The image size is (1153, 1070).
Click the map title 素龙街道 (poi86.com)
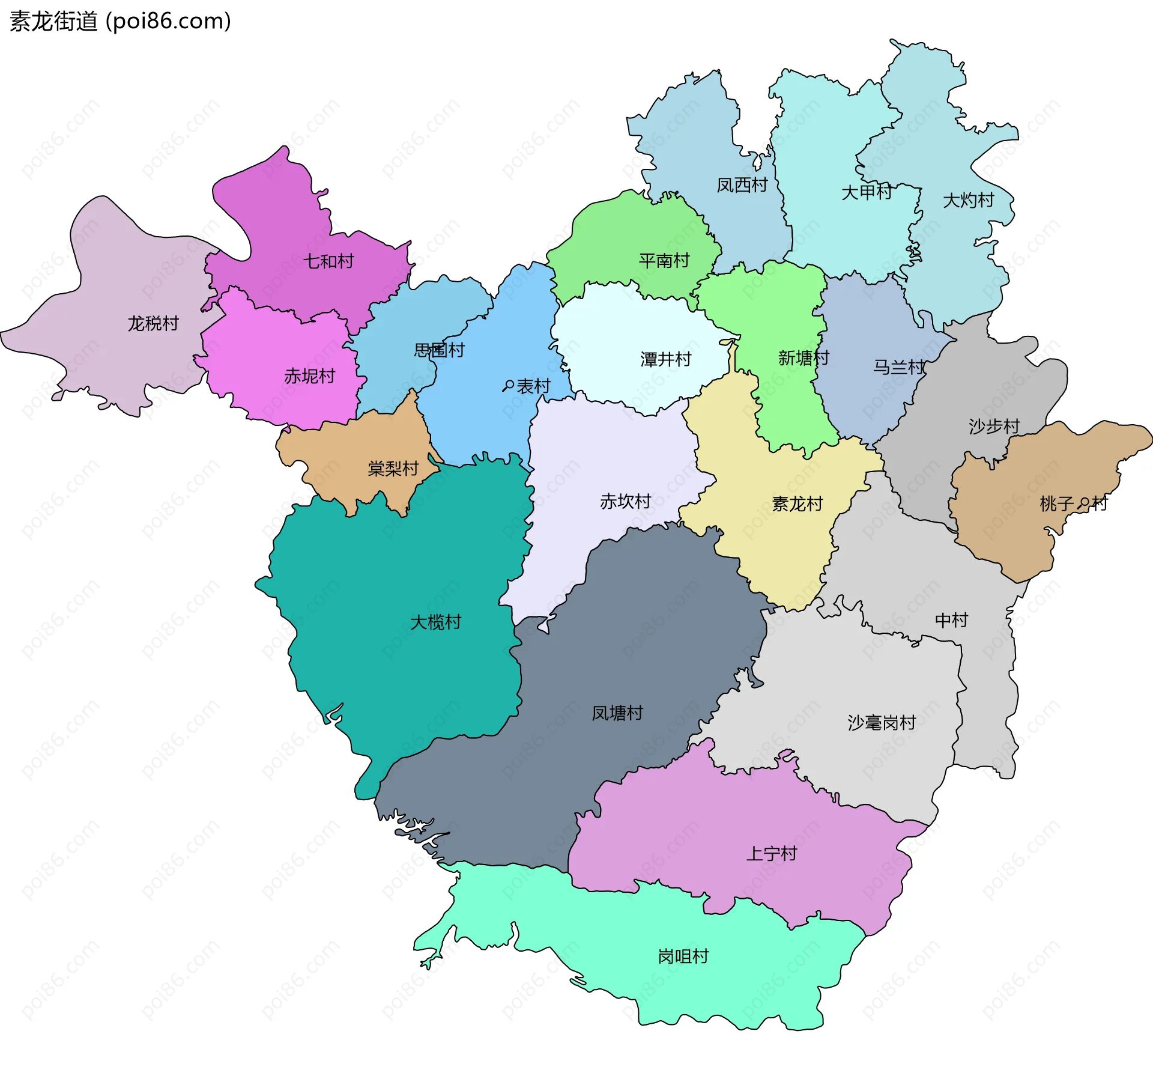coord(120,21)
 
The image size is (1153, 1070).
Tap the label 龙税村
coord(153,324)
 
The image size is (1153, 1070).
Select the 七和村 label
coord(328,261)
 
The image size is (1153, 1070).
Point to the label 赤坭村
coord(309,377)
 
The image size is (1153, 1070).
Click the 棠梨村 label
coord(393,469)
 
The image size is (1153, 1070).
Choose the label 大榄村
coord(435,622)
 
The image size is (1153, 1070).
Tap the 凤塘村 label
coord(617,713)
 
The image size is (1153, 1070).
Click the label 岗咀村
coord(683,956)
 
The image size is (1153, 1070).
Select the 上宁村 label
coord(771,854)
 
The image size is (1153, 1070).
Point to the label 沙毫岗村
coord(882,723)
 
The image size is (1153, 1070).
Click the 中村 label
coord(951,620)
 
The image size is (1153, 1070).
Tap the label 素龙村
coord(797,504)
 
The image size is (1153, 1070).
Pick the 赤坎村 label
coord(625,502)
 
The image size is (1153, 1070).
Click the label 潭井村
coord(665,360)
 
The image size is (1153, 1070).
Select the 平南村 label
coord(664,261)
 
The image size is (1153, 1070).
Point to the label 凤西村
coord(742,185)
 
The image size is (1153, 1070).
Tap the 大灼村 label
coord(968,201)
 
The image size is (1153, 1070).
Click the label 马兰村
coord(898,367)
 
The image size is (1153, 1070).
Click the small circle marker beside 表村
coord(510,385)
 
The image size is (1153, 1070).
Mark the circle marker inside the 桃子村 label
coord(1085,502)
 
